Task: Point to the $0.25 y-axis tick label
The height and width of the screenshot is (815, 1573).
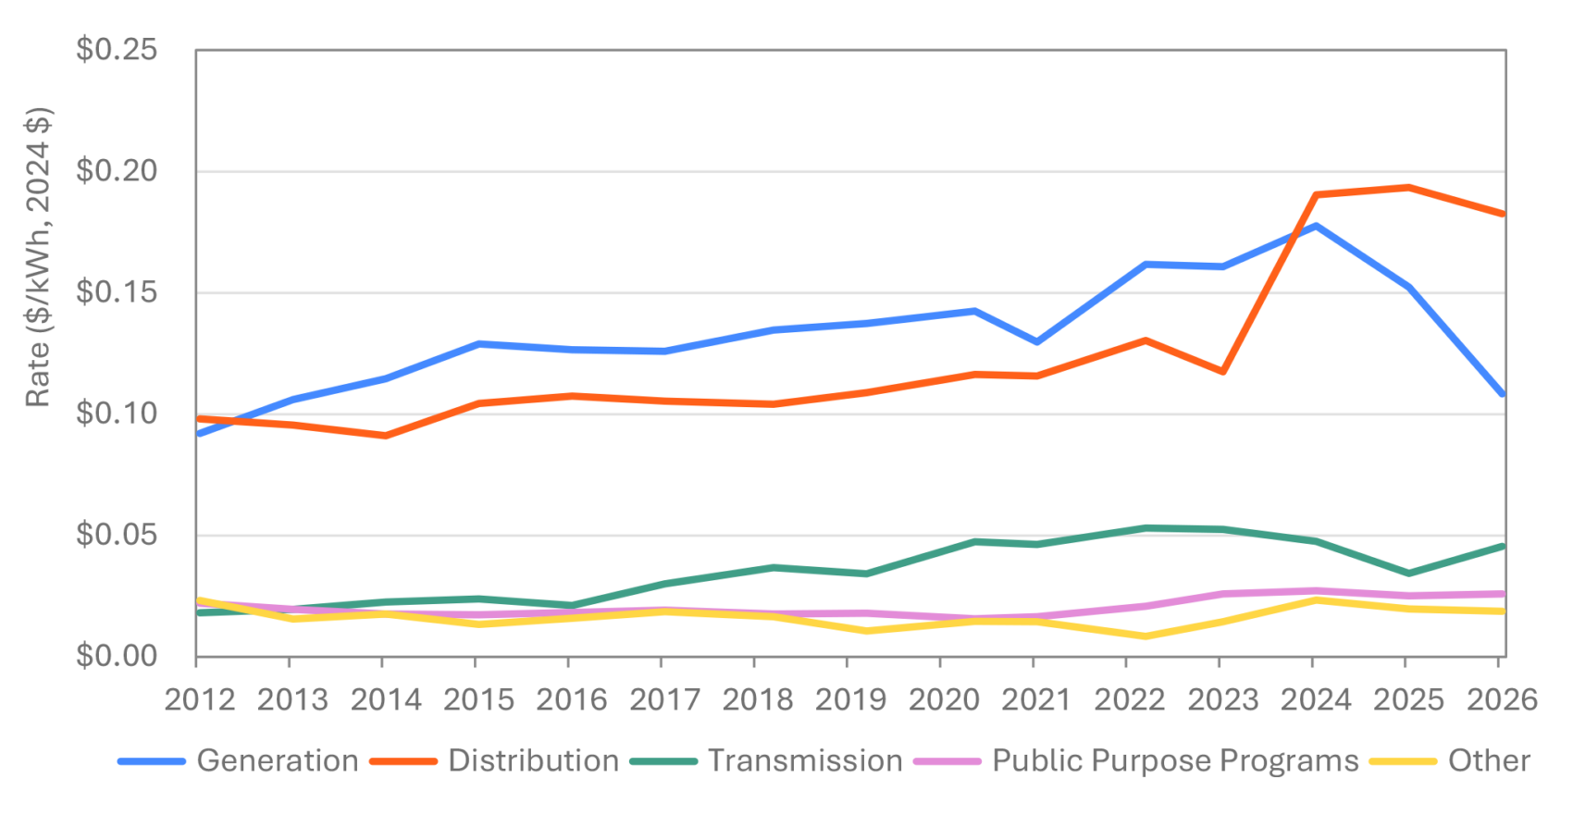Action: point(117,50)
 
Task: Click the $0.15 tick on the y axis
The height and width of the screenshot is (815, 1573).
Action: point(117,292)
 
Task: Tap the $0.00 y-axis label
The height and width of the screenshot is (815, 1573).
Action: point(117,656)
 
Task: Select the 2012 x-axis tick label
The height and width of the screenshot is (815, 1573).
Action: point(200,699)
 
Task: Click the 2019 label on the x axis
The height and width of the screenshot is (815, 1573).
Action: point(850,699)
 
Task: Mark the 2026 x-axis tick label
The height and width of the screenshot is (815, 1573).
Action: point(1502,699)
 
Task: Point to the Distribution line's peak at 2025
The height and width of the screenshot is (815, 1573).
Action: point(1406,187)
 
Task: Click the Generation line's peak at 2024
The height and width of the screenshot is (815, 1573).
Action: point(1314,225)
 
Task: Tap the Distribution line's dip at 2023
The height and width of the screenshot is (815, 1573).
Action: point(1222,372)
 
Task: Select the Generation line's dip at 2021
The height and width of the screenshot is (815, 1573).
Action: point(1035,342)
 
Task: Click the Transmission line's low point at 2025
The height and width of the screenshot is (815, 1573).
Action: point(1406,574)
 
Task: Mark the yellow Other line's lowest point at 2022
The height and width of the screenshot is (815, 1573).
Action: point(1146,636)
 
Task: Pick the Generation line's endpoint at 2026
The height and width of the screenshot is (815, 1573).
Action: point(1503,395)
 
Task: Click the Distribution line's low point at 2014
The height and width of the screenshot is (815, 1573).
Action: point(383,435)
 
